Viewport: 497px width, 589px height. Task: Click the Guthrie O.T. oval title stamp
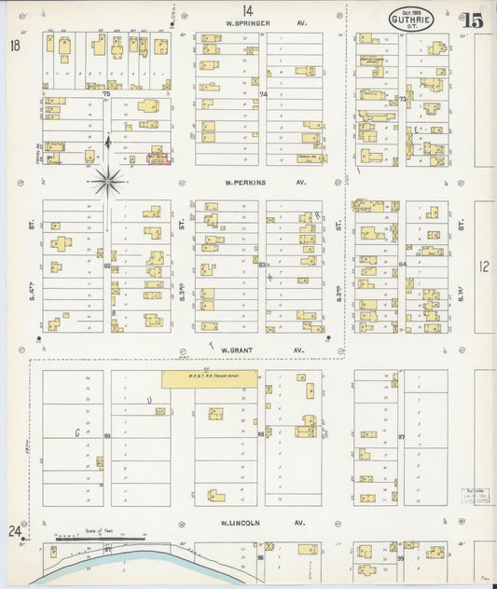coord(410,18)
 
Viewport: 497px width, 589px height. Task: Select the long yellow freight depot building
coord(209,378)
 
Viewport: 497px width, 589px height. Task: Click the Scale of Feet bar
coord(100,538)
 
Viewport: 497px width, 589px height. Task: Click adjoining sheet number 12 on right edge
coord(483,267)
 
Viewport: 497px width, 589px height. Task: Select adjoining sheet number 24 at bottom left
coord(15,531)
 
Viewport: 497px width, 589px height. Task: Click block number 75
coord(106,94)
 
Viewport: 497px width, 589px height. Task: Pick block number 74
coord(263,94)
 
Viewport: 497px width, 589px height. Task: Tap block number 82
coord(107,266)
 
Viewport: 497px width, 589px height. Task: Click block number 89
coord(107,436)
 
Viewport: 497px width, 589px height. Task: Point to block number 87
coord(402,436)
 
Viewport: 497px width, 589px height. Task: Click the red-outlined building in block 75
coord(158,159)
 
